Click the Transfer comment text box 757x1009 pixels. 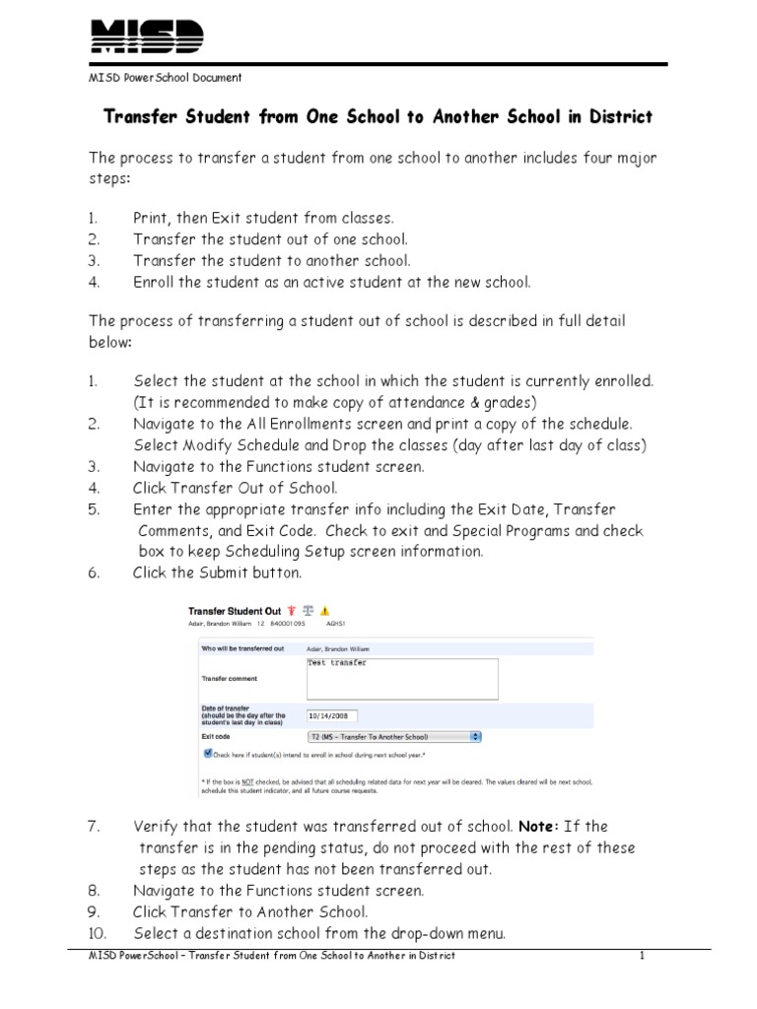(402, 678)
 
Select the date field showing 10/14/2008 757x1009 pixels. (332, 716)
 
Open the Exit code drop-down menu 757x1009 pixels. (476, 735)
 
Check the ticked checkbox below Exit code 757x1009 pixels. (208, 753)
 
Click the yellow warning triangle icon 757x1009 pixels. (325, 610)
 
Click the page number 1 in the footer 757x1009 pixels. (641, 956)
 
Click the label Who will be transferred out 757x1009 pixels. (242, 648)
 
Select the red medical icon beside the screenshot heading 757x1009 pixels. (292, 610)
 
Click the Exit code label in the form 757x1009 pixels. (216, 735)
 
